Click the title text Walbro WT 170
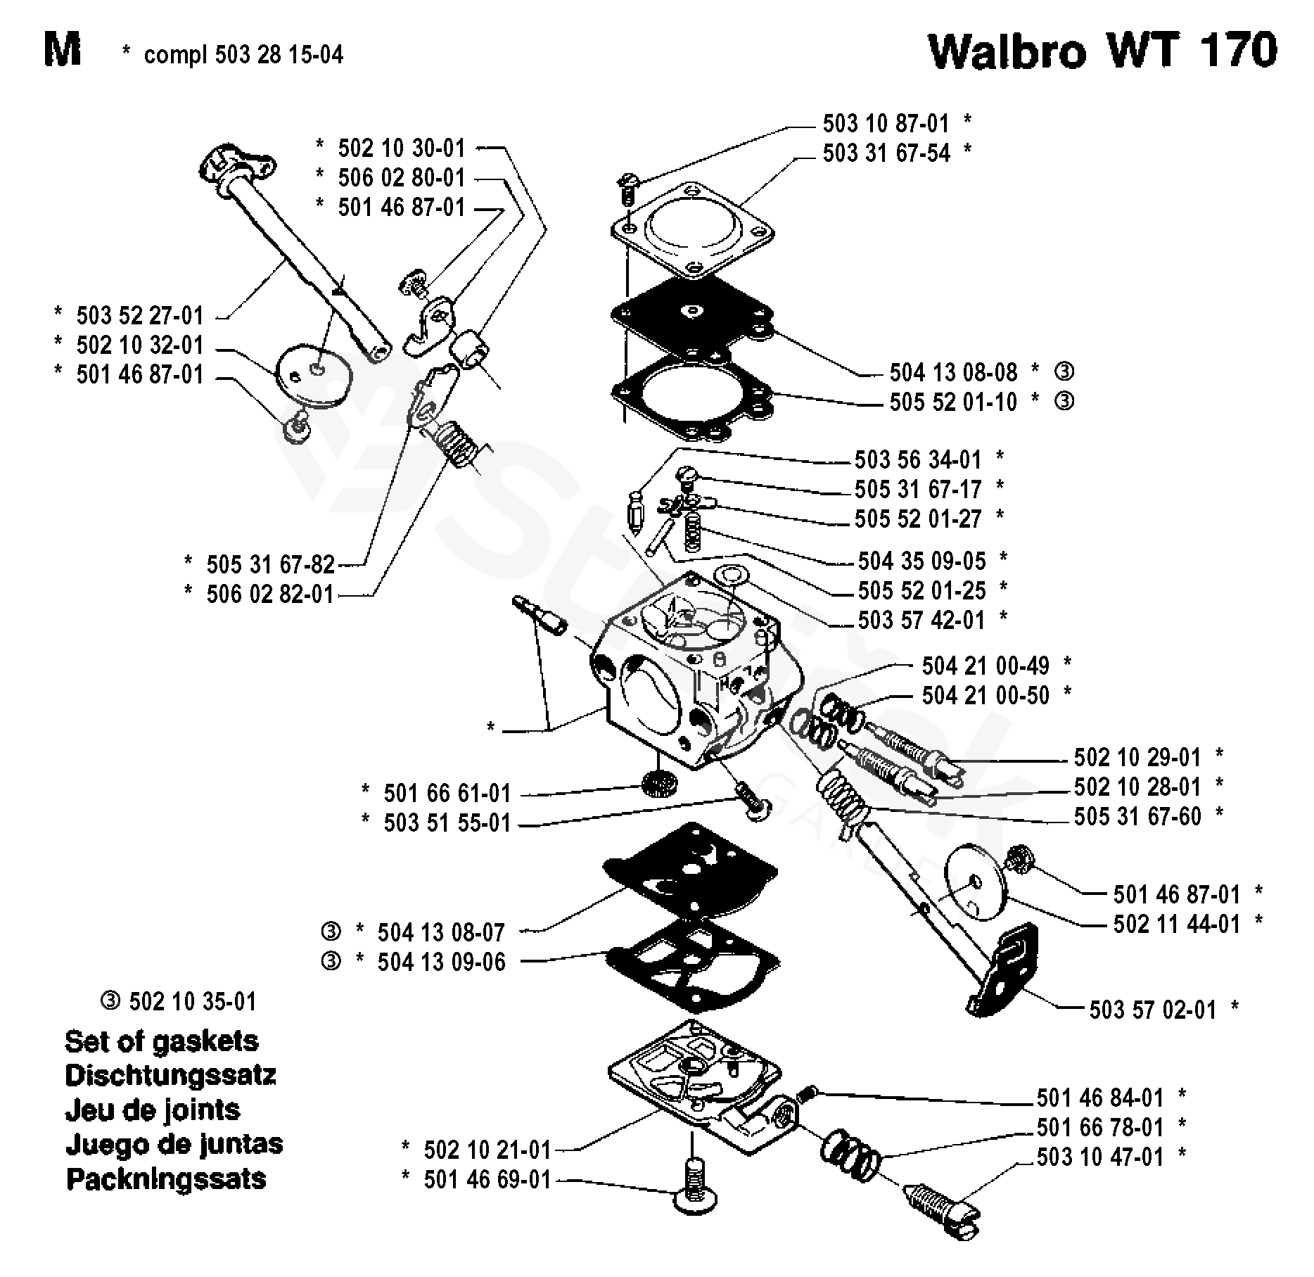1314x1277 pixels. click(x=1102, y=51)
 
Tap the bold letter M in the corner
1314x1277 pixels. click(x=62, y=51)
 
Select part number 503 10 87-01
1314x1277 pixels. click(x=886, y=124)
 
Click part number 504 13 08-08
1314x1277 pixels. click(x=953, y=371)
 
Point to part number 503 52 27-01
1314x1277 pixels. click(x=139, y=315)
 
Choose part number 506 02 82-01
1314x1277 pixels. click(x=270, y=594)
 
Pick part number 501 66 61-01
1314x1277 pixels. click(x=447, y=793)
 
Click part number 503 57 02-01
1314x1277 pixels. click(x=1152, y=1010)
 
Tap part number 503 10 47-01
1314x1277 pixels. click(x=1100, y=1157)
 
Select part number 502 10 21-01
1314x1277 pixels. click(x=487, y=1150)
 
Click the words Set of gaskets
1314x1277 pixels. click(x=161, y=1041)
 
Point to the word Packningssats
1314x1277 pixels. click(x=166, y=1179)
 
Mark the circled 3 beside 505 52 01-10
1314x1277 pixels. click(x=1064, y=401)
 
